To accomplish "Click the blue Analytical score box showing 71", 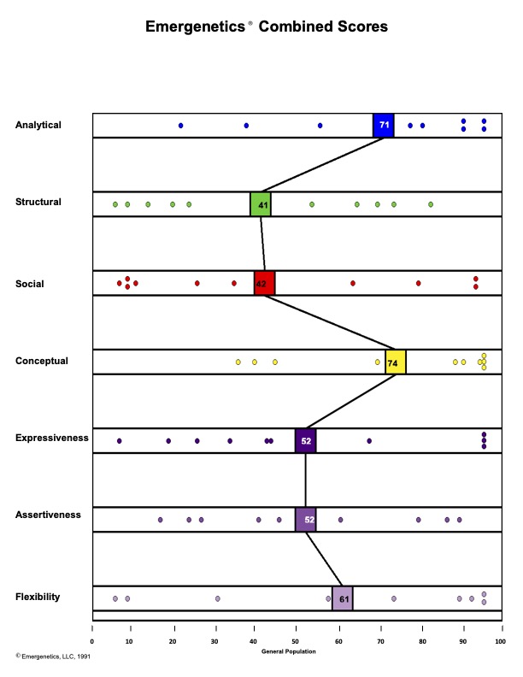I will point(384,125).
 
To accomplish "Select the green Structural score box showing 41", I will point(261,205).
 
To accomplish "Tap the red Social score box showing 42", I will point(264,283).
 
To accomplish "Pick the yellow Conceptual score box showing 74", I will point(395,362).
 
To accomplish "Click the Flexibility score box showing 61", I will point(342,598).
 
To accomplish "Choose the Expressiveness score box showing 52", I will point(305,441).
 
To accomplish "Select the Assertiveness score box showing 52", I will point(305,520).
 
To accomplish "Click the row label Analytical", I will point(38,125).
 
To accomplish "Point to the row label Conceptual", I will point(41,361).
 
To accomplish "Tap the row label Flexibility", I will point(38,597).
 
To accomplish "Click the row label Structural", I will point(38,202).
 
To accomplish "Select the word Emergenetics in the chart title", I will point(196,27).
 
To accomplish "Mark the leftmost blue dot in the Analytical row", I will point(180,126).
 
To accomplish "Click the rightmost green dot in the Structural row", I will point(431,204).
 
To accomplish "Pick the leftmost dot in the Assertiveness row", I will point(160,520).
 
